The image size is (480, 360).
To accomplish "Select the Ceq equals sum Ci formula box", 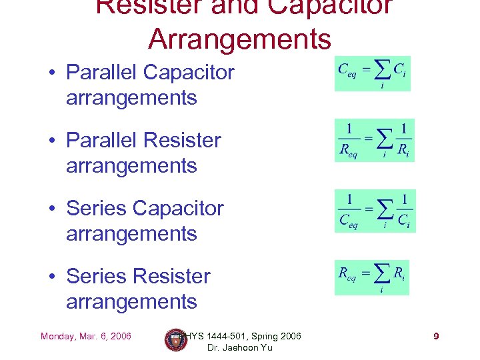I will pos(373,73).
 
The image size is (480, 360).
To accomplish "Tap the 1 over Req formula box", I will pos(375,141).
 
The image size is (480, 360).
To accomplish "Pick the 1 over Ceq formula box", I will pos(375,211).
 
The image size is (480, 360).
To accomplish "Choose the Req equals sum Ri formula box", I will pos(372,277).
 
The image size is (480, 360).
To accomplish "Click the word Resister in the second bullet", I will pos(182,140).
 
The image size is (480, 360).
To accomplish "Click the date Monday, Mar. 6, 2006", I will pos(86,336).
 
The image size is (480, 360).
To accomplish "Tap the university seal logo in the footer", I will pos(176,340).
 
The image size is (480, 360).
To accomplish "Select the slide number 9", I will pos(436,336).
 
